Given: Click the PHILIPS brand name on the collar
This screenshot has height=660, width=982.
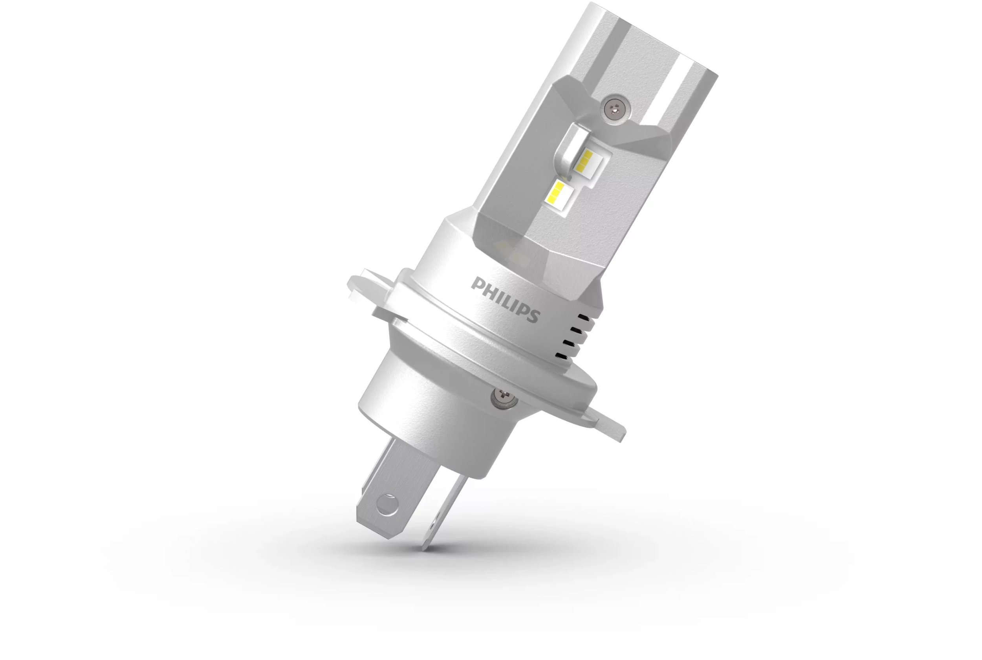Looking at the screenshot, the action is (505, 299).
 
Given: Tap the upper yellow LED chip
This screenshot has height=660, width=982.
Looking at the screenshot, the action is (586, 161).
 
